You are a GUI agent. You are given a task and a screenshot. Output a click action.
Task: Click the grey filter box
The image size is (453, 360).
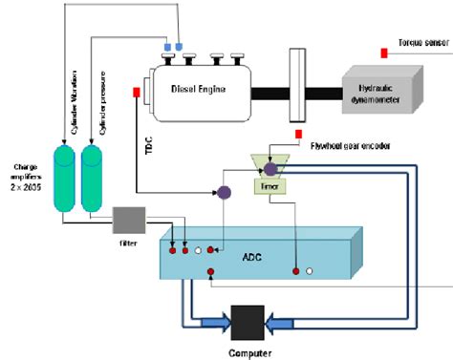pos(127,221)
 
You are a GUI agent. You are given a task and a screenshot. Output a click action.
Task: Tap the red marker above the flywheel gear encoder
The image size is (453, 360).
pos(299,134)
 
